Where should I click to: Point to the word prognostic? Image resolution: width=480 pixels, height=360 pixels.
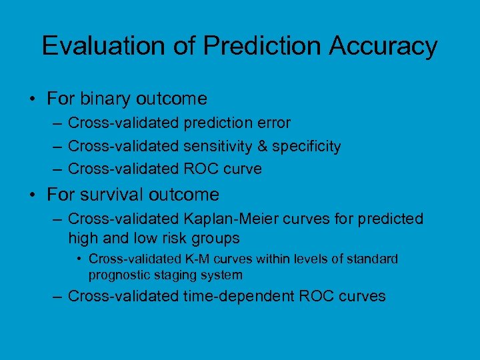[119, 275]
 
